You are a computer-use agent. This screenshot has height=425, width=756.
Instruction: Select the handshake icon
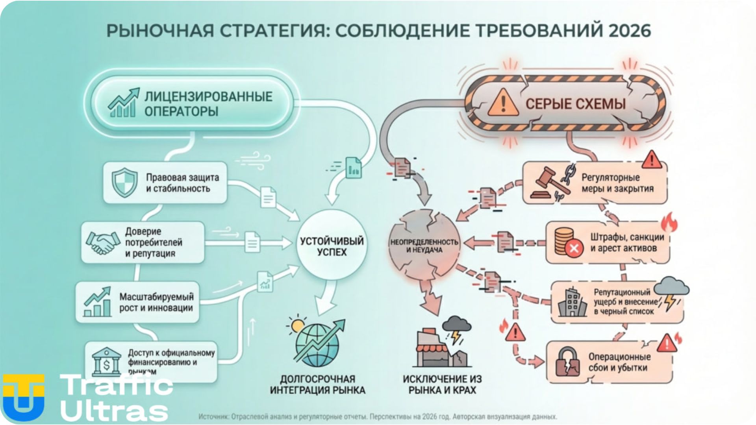[103, 242]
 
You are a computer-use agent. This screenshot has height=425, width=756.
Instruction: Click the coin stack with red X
[567, 242]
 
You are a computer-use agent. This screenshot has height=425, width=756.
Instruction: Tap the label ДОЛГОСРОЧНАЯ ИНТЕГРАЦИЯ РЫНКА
[317, 384]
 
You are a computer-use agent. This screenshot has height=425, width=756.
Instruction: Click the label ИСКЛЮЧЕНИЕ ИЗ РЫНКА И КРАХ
[442, 384]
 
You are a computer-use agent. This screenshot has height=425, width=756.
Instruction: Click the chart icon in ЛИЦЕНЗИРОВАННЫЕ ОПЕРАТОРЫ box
[124, 103]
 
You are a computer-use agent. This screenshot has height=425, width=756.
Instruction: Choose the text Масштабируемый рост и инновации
[156, 302]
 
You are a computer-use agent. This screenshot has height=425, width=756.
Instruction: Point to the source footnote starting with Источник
[378, 416]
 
